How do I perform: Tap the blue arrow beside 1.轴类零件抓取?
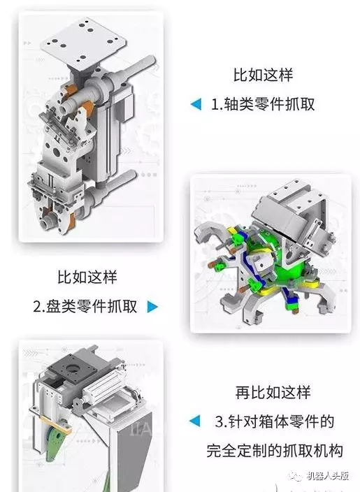click(x=196, y=105)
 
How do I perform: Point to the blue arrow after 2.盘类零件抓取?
click(x=152, y=306)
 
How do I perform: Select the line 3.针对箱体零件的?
click(x=273, y=421)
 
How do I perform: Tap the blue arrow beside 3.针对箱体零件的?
click(x=196, y=421)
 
